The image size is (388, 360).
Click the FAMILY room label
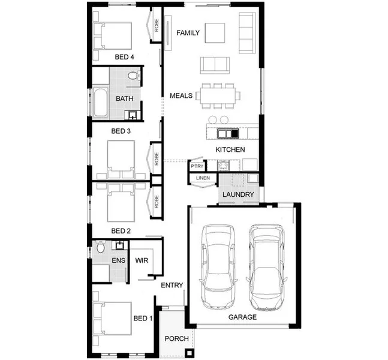(188, 32)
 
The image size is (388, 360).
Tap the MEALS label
(181, 96)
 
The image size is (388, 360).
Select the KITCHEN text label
(230, 149)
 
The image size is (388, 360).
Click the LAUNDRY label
(238, 195)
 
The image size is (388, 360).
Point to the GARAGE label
(242, 317)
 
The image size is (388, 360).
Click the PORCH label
(177, 339)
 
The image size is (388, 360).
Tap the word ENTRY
(172, 286)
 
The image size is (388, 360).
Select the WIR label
(142, 261)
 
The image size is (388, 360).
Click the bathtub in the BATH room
(100, 103)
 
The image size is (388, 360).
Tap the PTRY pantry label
(197, 166)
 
